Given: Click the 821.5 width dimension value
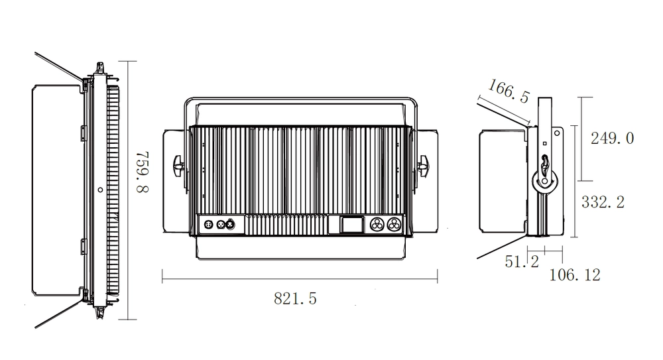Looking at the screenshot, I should (x=295, y=299).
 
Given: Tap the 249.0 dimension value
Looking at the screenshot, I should (x=612, y=139).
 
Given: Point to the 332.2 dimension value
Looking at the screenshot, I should (x=603, y=203).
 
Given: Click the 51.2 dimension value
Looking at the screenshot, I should (x=521, y=262).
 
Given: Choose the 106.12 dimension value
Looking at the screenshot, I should (x=574, y=274).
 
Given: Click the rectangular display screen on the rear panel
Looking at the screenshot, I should (x=351, y=225).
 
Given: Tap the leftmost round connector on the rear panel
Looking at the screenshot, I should (x=207, y=225).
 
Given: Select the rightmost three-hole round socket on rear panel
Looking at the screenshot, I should (x=394, y=225).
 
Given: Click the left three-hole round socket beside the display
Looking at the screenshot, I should (x=379, y=225).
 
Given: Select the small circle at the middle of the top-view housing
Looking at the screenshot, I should (x=100, y=190).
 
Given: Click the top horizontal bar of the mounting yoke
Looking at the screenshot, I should (x=298, y=101).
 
